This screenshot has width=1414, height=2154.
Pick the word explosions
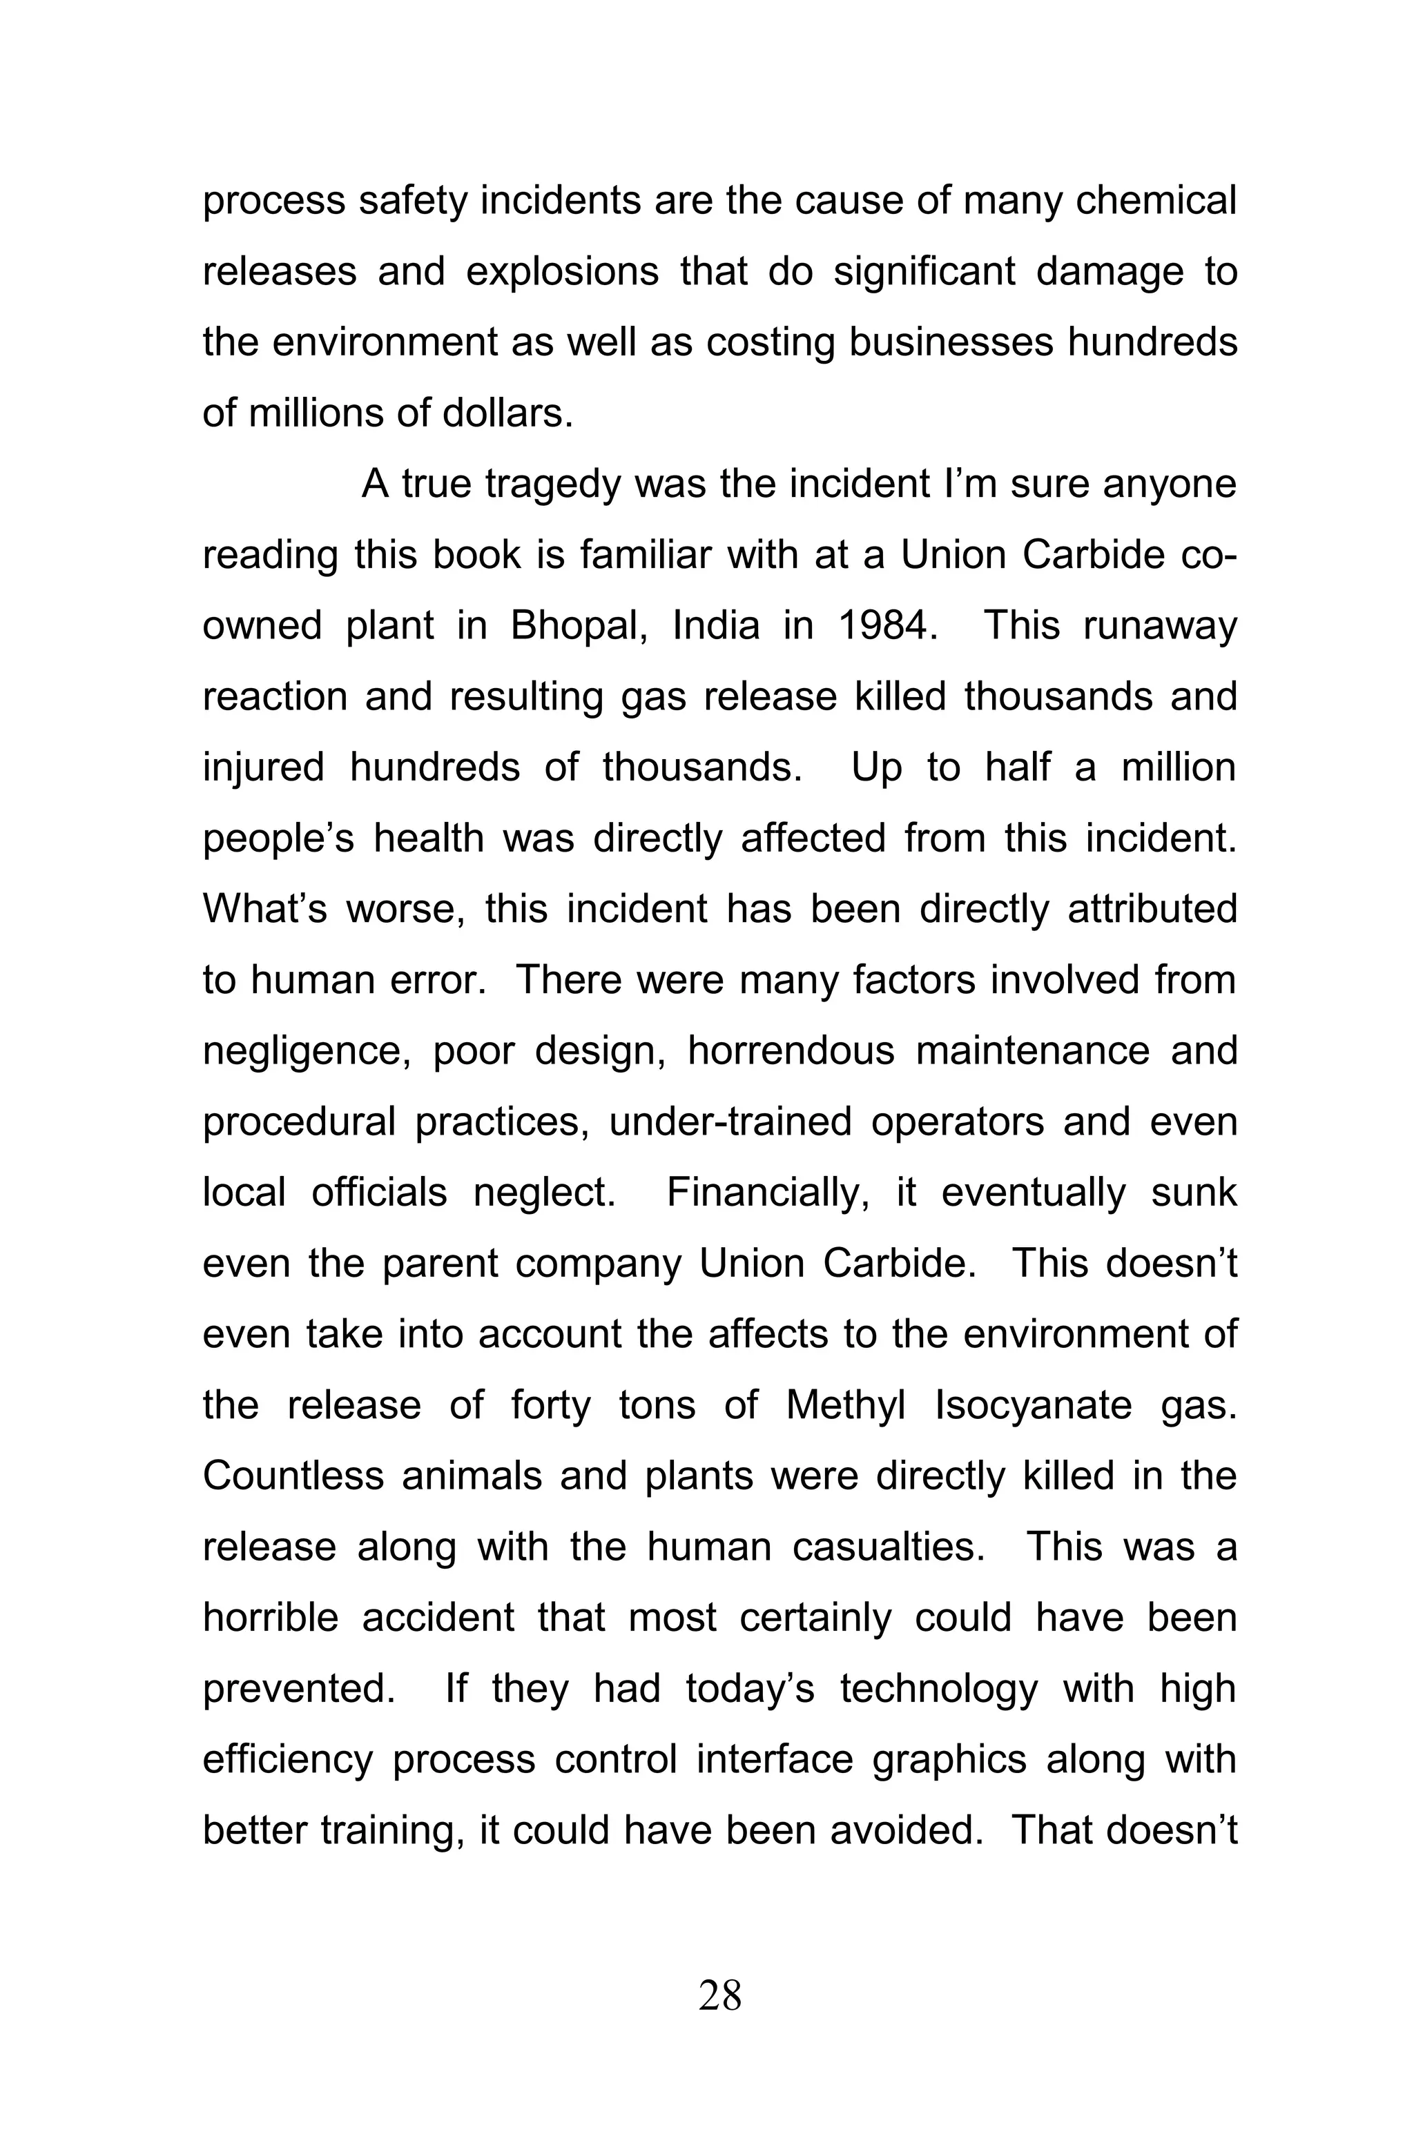pyautogui.click(x=562, y=271)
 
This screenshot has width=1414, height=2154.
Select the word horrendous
pyautogui.click(x=791, y=1050)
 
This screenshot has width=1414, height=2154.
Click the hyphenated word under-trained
pyautogui.click(x=730, y=1122)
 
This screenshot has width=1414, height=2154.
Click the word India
pyautogui.click(x=716, y=625)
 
